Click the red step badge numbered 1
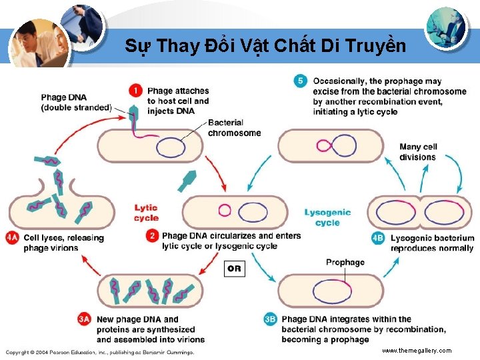click(136, 91)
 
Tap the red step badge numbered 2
click(152, 236)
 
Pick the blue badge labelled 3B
click(270, 320)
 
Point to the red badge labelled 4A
click(12, 238)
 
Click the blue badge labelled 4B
click(379, 238)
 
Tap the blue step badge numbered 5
click(301, 81)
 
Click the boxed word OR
click(234, 269)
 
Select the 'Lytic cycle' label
click(146, 213)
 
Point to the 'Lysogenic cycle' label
click(327, 217)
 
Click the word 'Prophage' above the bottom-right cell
click(345, 262)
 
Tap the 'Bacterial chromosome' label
click(234, 127)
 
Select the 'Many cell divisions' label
click(418, 152)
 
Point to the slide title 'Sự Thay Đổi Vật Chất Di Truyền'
click(265, 46)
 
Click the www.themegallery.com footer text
click(417, 350)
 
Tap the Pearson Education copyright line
click(100, 351)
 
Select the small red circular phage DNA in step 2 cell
click(224, 209)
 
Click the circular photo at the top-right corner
click(446, 27)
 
